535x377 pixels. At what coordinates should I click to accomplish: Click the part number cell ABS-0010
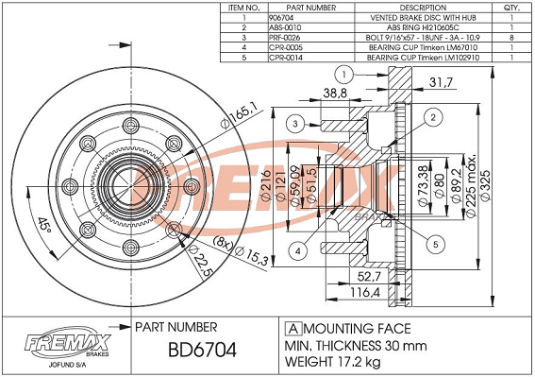coord(285,27)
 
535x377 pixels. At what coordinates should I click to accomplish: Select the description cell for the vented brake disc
coord(423,18)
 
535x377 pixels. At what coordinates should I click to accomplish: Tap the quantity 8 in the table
coord(511,38)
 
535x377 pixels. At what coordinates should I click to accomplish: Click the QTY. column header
coord(511,8)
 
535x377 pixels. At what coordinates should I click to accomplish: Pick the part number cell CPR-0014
coord(286,58)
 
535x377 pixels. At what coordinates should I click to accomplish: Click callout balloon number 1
coord(343,75)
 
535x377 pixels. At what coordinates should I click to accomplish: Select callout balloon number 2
coord(433,117)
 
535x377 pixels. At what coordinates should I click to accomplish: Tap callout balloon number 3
coord(295,124)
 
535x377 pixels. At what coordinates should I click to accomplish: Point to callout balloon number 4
coord(298,251)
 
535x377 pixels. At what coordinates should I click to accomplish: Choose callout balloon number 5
coord(436,244)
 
